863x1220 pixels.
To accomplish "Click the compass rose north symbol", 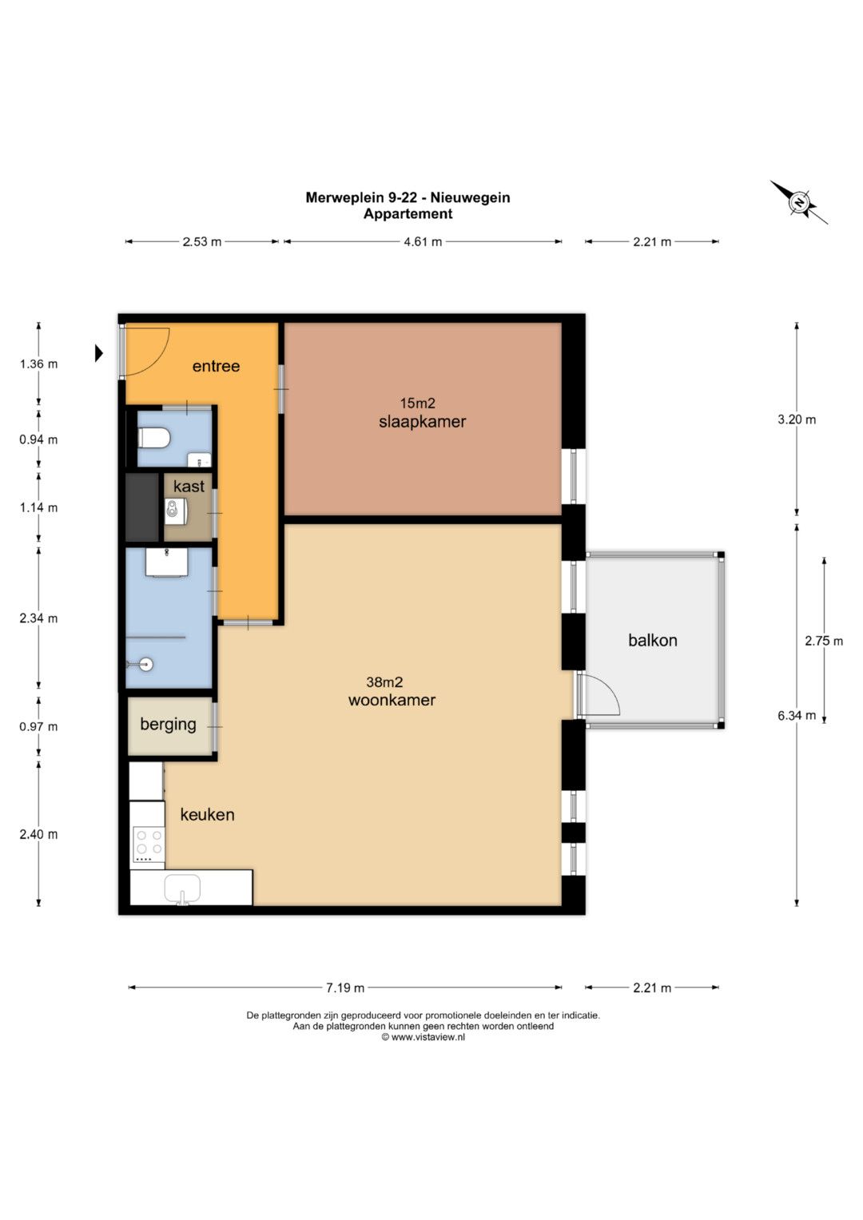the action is click(799, 203).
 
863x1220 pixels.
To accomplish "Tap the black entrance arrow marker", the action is click(98, 353).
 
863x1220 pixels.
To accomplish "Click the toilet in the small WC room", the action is click(153, 437).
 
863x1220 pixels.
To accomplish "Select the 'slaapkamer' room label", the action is click(422, 422).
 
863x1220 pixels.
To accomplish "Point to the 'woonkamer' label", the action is click(392, 700).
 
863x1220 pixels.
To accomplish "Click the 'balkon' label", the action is click(653, 640).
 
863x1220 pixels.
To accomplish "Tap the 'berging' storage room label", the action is click(169, 725).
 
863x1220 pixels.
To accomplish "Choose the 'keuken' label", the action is click(208, 814).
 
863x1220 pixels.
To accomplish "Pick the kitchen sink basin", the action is click(182, 890).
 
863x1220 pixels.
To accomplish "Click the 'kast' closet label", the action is click(189, 486).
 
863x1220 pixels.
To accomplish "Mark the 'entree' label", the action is click(216, 366).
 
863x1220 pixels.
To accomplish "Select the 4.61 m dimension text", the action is click(423, 242).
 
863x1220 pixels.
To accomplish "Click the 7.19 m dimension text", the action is click(345, 988).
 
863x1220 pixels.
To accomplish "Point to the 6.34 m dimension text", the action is click(797, 716).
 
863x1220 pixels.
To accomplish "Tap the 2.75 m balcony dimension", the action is click(824, 641).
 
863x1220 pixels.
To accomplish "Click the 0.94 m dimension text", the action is click(38, 439).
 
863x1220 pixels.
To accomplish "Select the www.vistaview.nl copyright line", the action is click(424, 1038).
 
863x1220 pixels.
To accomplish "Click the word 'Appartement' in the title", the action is click(408, 214).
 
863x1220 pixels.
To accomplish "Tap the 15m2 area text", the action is click(418, 403).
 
